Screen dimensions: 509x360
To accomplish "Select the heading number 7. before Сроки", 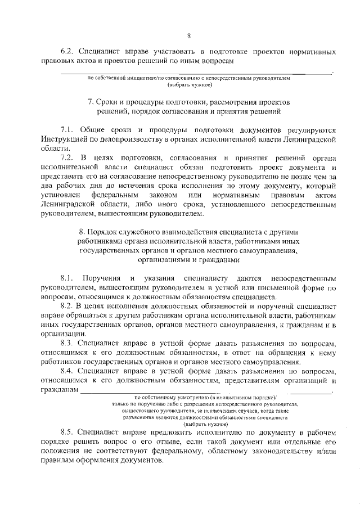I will click(91, 103).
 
